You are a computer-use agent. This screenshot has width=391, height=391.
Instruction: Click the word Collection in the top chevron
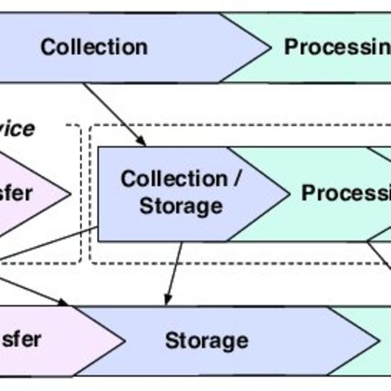click(x=94, y=46)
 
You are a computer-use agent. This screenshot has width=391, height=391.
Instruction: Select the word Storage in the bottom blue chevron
click(x=206, y=340)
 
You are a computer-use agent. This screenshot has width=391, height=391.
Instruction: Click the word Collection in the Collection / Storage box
click(x=174, y=179)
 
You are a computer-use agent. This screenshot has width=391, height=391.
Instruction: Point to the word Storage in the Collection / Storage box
click(x=180, y=206)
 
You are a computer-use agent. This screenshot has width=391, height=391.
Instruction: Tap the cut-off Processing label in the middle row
click(x=345, y=193)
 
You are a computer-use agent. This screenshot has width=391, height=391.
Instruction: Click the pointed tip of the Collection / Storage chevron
click(x=288, y=194)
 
